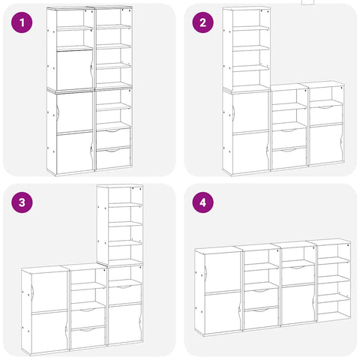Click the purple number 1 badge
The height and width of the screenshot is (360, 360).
click(23, 22)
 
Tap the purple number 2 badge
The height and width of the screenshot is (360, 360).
click(202, 22)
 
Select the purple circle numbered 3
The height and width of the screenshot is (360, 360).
click(23, 202)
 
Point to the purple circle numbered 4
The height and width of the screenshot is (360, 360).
click(202, 202)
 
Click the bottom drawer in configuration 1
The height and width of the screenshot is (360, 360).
click(113, 157)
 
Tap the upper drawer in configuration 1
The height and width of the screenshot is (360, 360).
click(113, 137)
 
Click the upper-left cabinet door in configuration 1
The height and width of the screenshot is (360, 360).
click(74, 70)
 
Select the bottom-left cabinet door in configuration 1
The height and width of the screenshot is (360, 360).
click(74, 153)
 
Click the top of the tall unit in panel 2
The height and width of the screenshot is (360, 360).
click(247, 8)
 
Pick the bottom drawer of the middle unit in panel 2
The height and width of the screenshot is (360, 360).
click(288, 157)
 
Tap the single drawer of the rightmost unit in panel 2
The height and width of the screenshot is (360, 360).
click(326, 114)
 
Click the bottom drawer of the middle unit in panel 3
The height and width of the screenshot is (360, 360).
click(88, 337)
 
